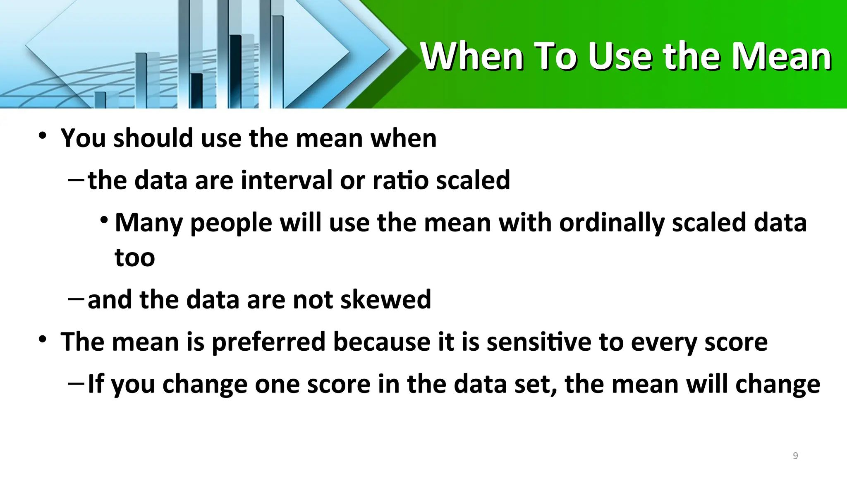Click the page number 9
click(x=795, y=456)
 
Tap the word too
click(x=134, y=258)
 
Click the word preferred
click(x=268, y=342)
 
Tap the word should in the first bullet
click(x=153, y=138)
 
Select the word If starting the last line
click(x=96, y=383)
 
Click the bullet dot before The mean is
click(x=42, y=340)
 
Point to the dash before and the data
click(x=76, y=298)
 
